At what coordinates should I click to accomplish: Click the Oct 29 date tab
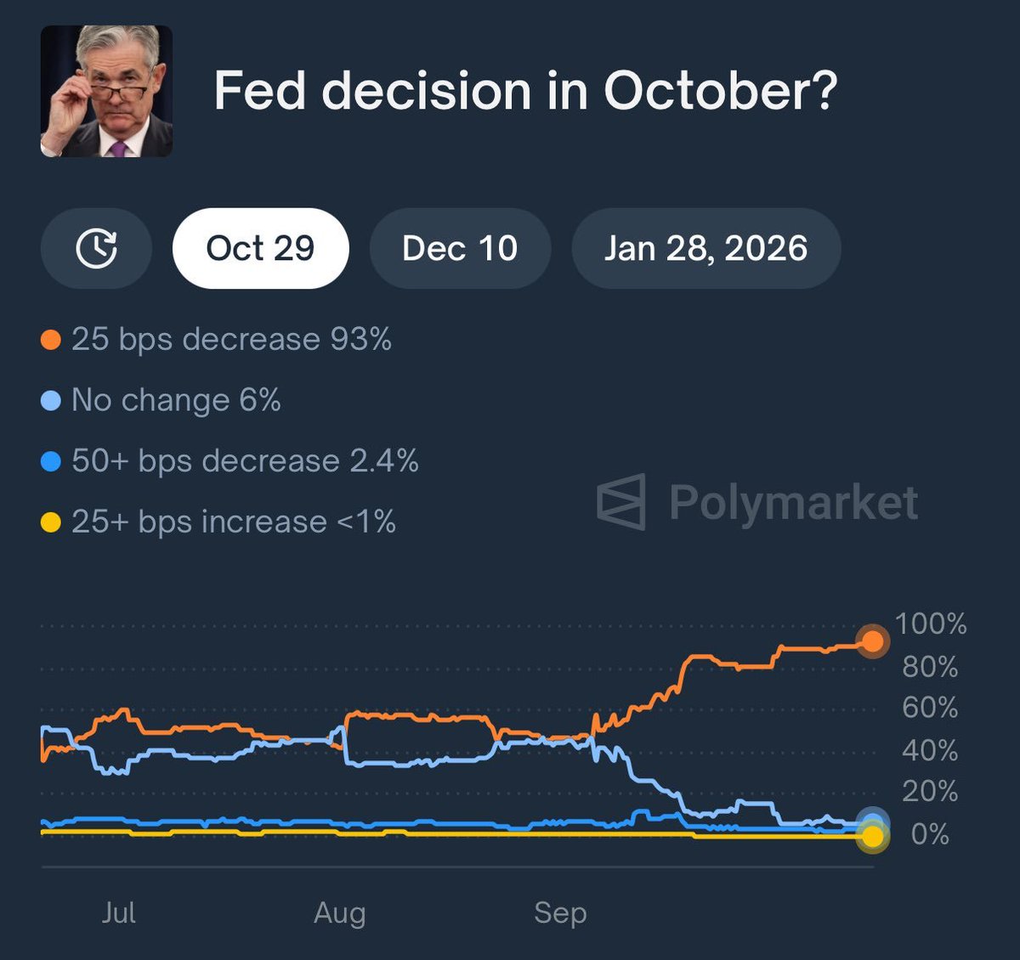(260, 248)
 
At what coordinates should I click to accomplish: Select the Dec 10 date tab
(460, 248)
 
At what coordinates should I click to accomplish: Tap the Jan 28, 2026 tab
(705, 248)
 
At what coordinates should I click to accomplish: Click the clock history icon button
(96, 248)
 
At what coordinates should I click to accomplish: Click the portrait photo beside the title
(106, 91)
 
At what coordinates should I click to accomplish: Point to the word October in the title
(720, 91)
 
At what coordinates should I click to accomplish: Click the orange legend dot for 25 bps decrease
(51, 340)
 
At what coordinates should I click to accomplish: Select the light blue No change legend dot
(51, 400)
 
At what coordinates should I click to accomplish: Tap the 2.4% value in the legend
(384, 460)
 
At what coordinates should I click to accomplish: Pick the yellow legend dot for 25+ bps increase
(51, 522)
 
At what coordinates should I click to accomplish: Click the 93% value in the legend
(361, 339)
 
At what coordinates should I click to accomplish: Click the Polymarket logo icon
(621, 502)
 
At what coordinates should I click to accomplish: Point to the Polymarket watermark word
(793, 502)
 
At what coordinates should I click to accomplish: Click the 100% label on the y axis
(931, 624)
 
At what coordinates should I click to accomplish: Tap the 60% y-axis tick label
(930, 708)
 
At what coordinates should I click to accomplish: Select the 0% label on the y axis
(930, 834)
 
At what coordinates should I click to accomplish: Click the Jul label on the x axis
(118, 912)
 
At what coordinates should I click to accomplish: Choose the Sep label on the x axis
(560, 912)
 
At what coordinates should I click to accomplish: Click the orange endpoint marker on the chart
(872, 641)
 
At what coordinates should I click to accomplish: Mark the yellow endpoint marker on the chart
(872, 837)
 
